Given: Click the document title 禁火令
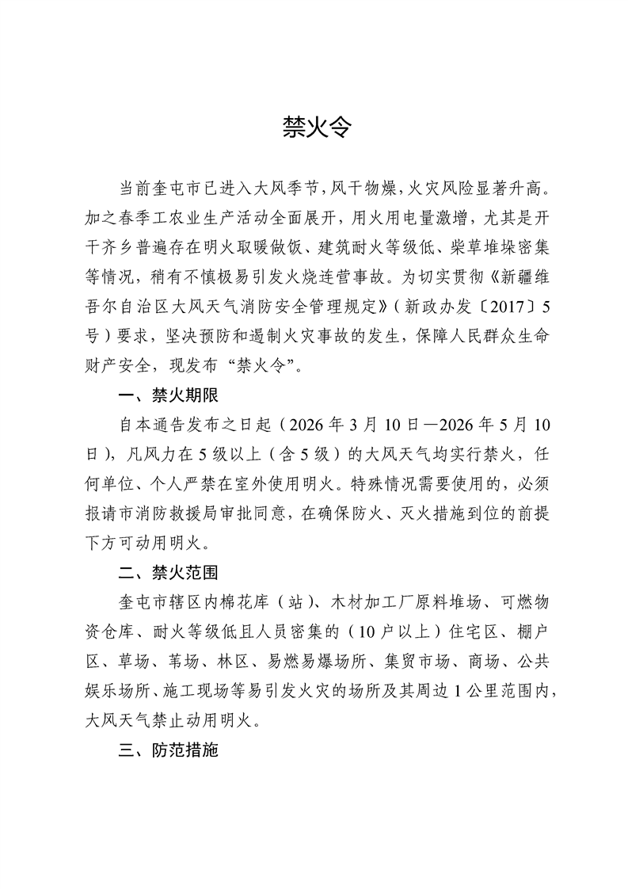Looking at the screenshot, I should (314, 129).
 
